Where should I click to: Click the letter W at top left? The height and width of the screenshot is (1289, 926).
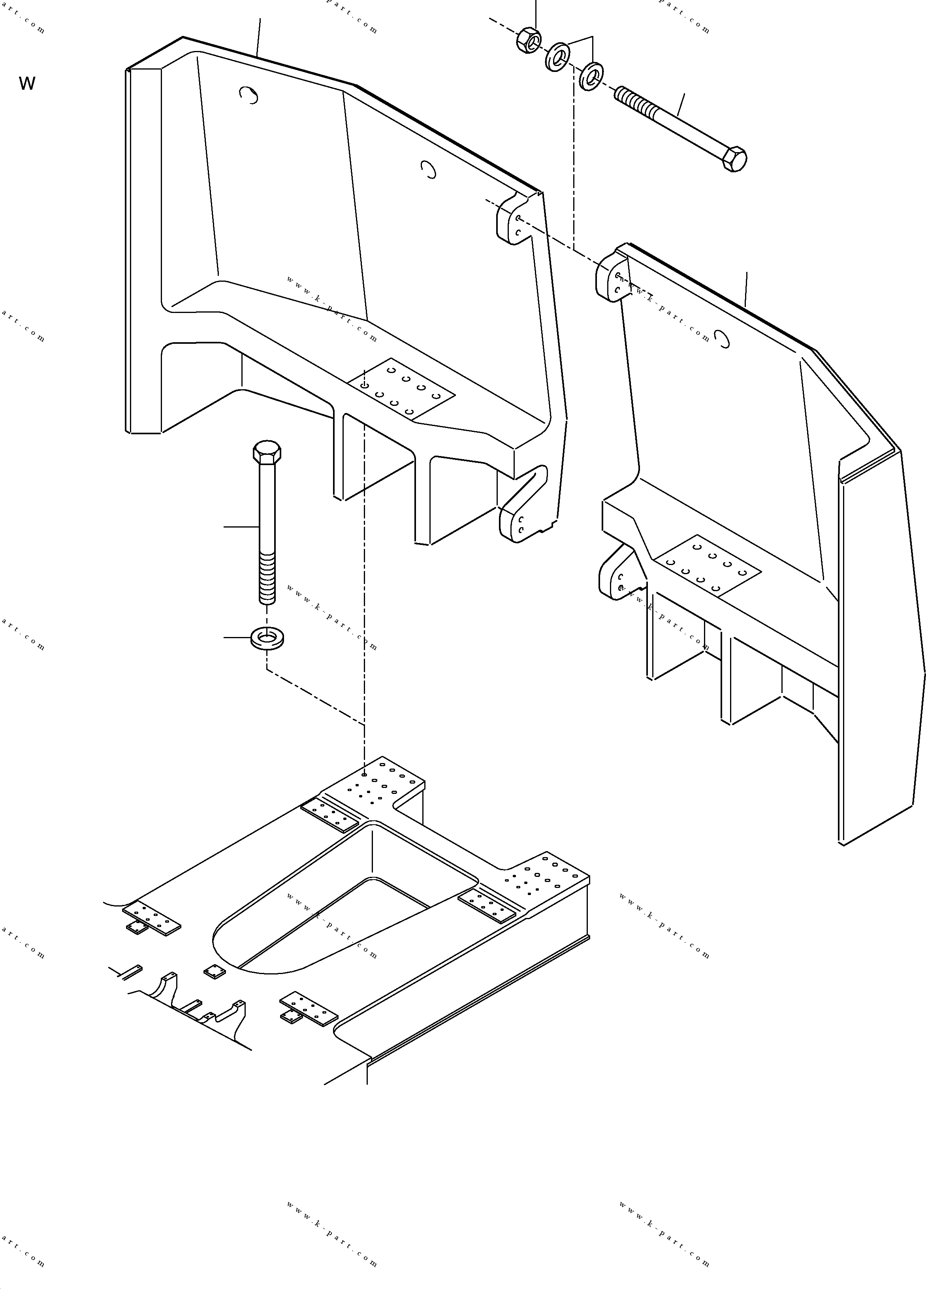[27, 83]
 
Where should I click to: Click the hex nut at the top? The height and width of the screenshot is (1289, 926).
[528, 40]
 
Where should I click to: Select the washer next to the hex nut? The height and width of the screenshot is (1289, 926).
[557, 57]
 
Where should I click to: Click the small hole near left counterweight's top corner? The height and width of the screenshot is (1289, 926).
[249, 96]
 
